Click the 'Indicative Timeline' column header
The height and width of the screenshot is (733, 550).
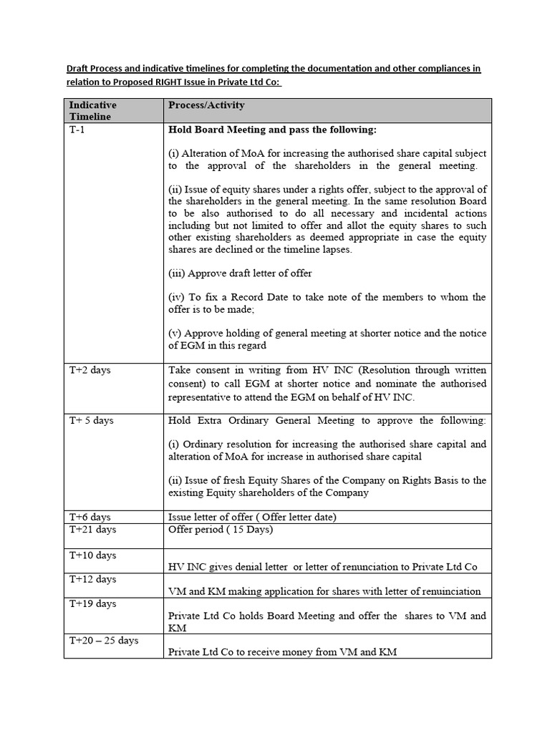click(92, 110)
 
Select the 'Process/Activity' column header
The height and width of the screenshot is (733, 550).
click(206, 105)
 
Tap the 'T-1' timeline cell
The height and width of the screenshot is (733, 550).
click(77, 130)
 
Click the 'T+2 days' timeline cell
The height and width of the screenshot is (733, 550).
click(90, 370)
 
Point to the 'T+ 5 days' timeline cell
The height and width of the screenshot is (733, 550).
click(91, 420)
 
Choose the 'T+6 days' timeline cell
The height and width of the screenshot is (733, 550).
click(90, 516)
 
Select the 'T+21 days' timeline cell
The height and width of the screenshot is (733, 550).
click(92, 530)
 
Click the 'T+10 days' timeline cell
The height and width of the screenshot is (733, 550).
click(92, 555)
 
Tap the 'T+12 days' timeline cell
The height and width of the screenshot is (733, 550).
click(92, 579)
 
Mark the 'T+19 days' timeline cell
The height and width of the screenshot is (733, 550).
click(92, 603)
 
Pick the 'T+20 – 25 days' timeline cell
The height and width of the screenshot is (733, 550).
click(104, 641)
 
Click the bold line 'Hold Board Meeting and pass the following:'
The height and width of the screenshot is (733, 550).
click(272, 130)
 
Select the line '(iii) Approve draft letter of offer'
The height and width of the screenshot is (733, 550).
click(240, 273)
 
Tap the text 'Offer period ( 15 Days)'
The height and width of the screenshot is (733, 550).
click(221, 530)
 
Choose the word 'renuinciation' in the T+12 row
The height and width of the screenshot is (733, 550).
click(449, 591)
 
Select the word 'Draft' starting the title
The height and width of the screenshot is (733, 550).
click(79, 69)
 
